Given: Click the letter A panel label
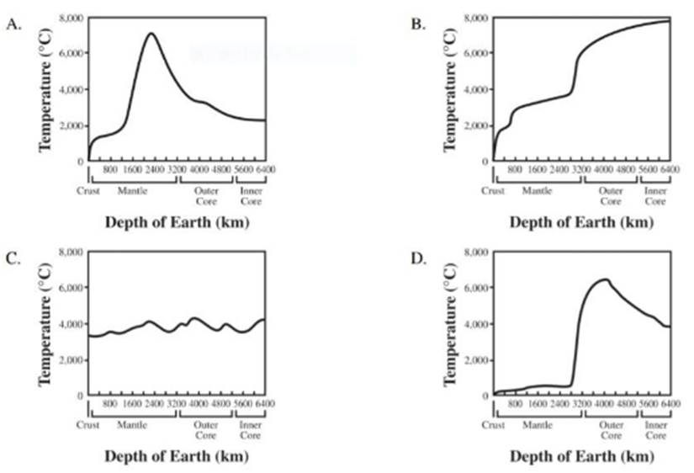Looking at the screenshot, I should click(x=13, y=24).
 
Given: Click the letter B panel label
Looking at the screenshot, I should click(x=418, y=24).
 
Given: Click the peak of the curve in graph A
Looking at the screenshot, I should click(x=151, y=34).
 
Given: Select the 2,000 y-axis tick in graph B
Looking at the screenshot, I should click(x=476, y=125).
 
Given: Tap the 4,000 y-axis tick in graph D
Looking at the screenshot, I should click(x=476, y=324).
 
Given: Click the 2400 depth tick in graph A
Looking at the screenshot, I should click(x=154, y=170).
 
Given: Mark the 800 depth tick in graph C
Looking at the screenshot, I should click(x=109, y=405).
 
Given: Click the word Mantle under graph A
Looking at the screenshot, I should click(x=133, y=191).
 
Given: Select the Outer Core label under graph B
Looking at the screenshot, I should click(x=610, y=196).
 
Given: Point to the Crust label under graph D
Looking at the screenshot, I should click(x=493, y=425).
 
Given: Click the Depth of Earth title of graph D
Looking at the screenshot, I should click(x=581, y=457).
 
